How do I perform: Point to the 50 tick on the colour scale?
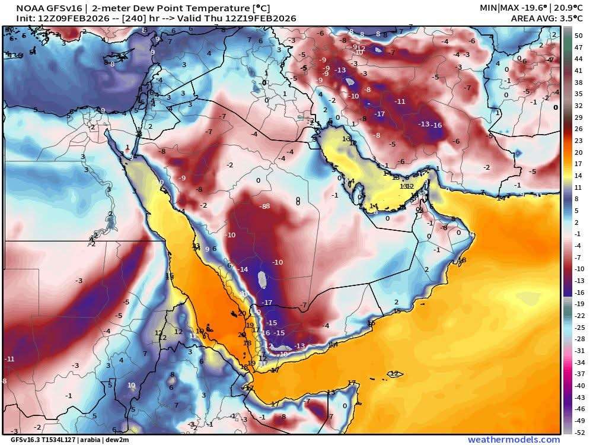click(x=579, y=36)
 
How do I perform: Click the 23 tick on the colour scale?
click(x=579, y=141)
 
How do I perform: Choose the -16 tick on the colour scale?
click(x=579, y=292)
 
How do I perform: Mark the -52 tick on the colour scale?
click(x=579, y=431)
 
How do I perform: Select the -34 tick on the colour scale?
click(x=579, y=362)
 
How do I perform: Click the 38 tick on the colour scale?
click(x=579, y=83)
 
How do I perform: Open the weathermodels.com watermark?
click(x=514, y=440)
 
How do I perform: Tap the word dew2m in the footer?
click(x=117, y=440)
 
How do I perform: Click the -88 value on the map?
click(x=264, y=206)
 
